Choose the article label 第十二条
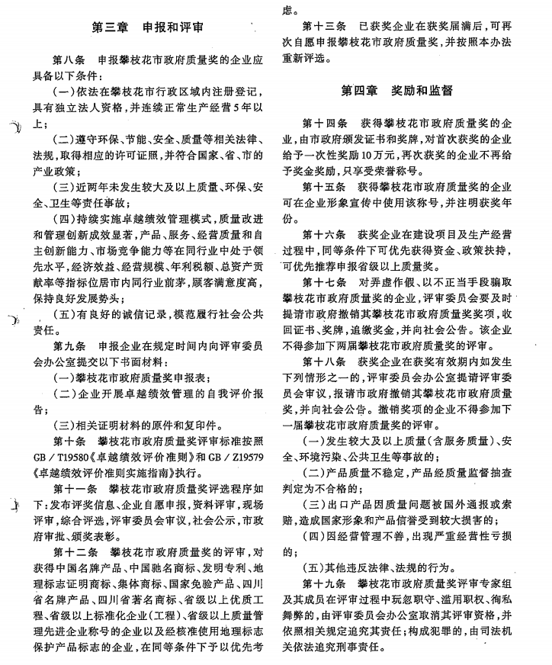[74, 550]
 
